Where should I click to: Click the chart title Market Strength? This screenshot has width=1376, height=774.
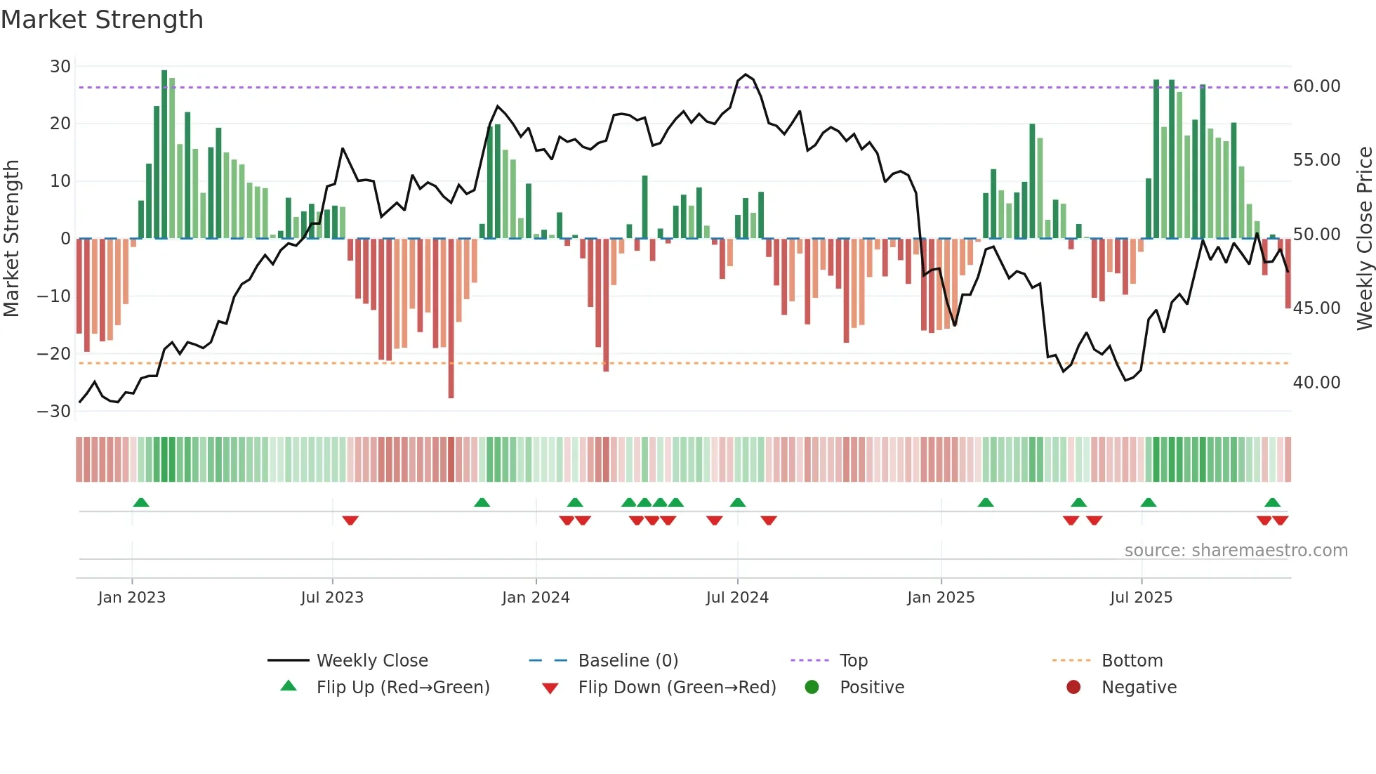click(x=102, y=20)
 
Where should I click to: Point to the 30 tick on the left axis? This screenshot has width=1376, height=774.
click(x=60, y=67)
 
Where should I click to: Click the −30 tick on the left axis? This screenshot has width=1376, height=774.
click(x=55, y=412)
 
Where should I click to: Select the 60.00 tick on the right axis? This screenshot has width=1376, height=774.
click(x=1316, y=86)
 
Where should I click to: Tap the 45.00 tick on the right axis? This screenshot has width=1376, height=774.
click(x=1316, y=308)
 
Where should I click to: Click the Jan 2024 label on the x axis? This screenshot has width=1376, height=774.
click(x=536, y=598)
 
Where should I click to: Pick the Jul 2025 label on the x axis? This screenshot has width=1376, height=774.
click(x=1141, y=598)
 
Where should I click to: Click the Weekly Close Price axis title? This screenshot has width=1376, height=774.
click(x=1364, y=239)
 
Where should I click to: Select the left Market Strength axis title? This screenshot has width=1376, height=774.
click(x=12, y=239)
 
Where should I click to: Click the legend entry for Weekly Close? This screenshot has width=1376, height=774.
click(x=371, y=661)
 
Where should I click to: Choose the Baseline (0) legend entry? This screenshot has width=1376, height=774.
click(x=628, y=661)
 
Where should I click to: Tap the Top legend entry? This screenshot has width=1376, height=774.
click(x=853, y=661)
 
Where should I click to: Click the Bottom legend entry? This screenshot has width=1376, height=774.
click(x=1132, y=661)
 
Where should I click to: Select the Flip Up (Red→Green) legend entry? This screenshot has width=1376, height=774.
click(x=402, y=688)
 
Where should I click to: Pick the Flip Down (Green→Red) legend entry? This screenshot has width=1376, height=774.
click(x=676, y=688)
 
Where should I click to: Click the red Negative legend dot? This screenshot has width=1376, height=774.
click(x=1073, y=688)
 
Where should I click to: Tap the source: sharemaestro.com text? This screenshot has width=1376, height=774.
click(x=1236, y=551)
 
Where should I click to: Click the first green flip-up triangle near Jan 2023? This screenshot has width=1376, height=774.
click(x=141, y=503)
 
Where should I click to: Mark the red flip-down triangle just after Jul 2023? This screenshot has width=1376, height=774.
click(x=350, y=520)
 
